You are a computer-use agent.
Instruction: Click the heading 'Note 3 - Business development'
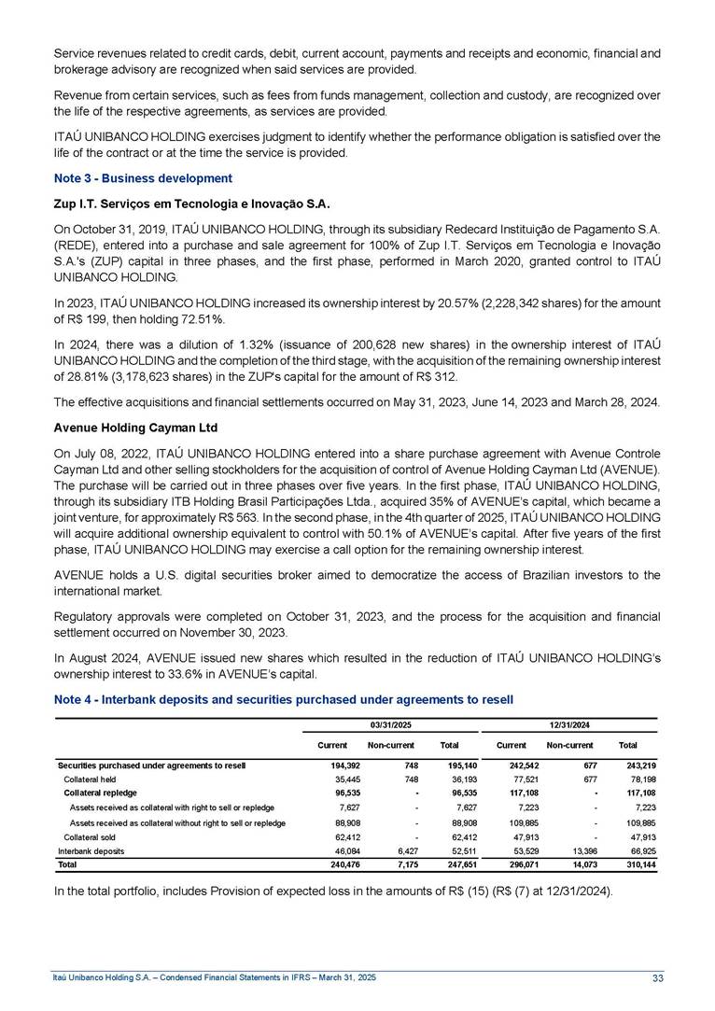pyautogui.click(x=142, y=177)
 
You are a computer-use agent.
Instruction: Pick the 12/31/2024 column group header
pyautogui.click(x=570, y=723)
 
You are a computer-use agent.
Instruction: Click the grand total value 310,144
pyautogui.click(x=640, y=865)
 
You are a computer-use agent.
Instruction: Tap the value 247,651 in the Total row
pyautogui.click(x=464, y=865)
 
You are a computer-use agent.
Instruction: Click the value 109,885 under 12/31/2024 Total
pyautogui.click(x=640, y=822)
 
